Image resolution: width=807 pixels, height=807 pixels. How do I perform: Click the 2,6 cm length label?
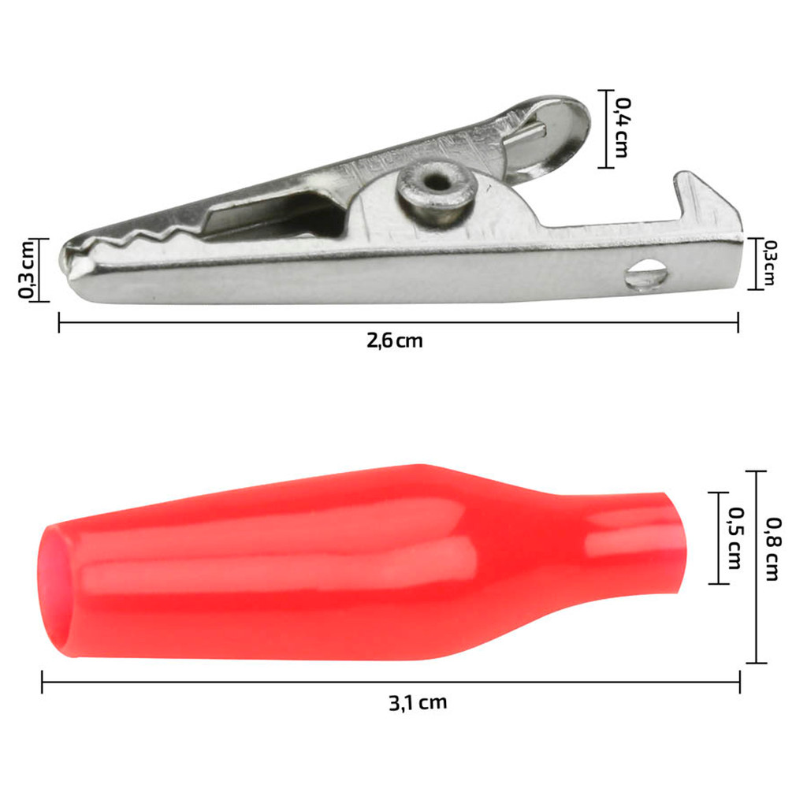point(395,340)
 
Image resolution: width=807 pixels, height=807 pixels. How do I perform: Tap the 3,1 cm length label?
point(418,702)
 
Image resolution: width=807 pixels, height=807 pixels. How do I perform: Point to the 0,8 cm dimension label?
point(772,549)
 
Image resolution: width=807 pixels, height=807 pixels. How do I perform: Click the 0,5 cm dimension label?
point(734,538)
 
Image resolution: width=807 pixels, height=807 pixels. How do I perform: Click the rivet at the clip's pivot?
point(436,188)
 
